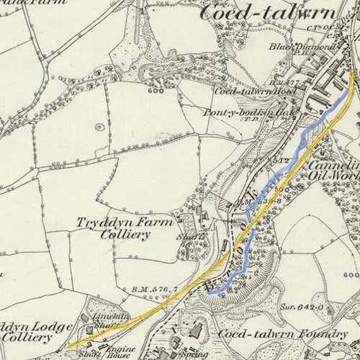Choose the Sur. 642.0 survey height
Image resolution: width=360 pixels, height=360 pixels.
[x=288, y=305]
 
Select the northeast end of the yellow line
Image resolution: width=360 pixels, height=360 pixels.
[x=351, y=70]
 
